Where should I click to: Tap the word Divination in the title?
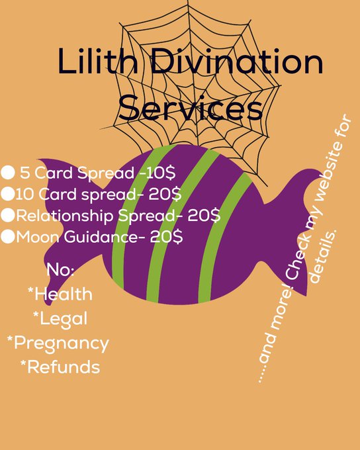tap(237, 61)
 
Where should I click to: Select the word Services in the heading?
tap(191, 108)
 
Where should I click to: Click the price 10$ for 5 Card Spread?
tap(161, 173)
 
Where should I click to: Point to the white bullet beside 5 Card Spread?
tap(8, 173)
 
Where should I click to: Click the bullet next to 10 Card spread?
tap(8, 194)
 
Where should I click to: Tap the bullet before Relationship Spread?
tap(8, 215)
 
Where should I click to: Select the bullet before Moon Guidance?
tap(8, 237)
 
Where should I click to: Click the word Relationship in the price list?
tap(65, 216)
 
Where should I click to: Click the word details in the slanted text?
tap(324, 256)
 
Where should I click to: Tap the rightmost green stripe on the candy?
tap(224, 239)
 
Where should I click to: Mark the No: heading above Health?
tap(60, 270)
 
